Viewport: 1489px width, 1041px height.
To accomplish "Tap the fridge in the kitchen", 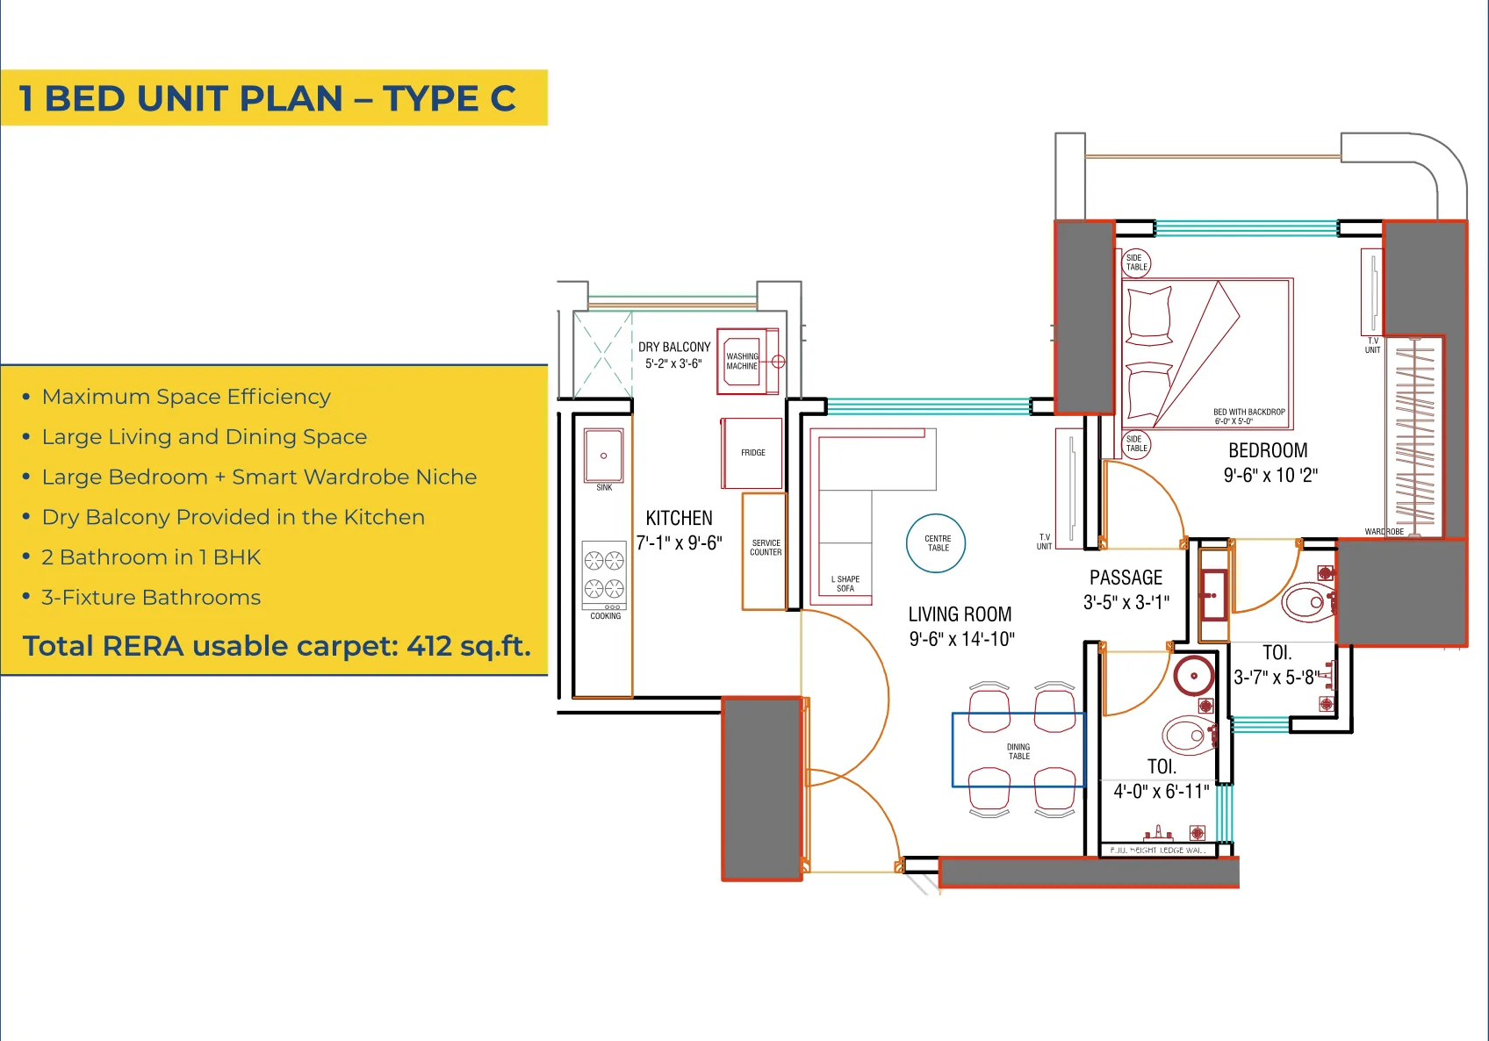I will click(x=752, y=453).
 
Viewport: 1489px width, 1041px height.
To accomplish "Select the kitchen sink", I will click(x=604, y=456).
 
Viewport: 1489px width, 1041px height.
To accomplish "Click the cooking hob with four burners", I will click(x=604, y=575).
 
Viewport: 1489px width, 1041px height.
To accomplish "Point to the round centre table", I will click(x=936, y=543).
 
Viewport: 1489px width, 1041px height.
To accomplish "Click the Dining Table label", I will click(x=1018, y=751).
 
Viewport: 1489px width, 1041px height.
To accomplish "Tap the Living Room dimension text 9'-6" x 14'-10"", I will click(x=961, y=639).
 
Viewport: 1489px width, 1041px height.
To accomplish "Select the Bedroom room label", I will click(x=1268, y=450).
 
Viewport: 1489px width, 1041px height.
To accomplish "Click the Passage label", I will click(x=1126, y=578).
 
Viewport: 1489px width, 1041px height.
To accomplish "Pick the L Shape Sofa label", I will click(x=845, y=584).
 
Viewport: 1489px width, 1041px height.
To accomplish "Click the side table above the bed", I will click(x=1136, y=262).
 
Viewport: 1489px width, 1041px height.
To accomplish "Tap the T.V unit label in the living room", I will click(x=1044, y=542).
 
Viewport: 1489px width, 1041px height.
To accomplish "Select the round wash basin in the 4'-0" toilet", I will click(x=1194, y=676).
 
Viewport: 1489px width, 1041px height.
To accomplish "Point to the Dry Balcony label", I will click(x=673, y=348).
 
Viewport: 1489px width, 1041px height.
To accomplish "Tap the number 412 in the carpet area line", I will click(x=429, y=646).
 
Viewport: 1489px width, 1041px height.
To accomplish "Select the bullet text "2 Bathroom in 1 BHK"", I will click(x=151, y=557).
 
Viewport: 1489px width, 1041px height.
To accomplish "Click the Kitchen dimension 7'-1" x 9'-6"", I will click(x=679, y=543).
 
